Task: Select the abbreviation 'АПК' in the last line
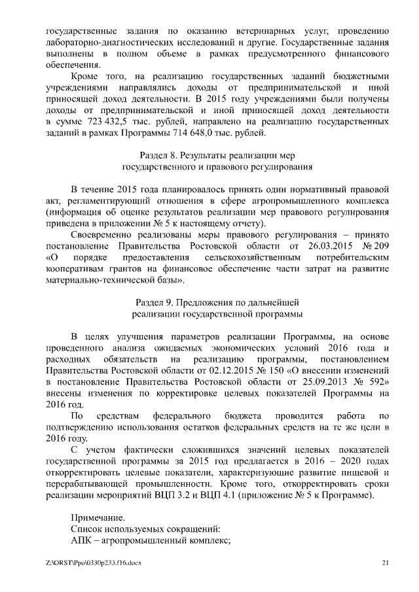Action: (81, 540)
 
